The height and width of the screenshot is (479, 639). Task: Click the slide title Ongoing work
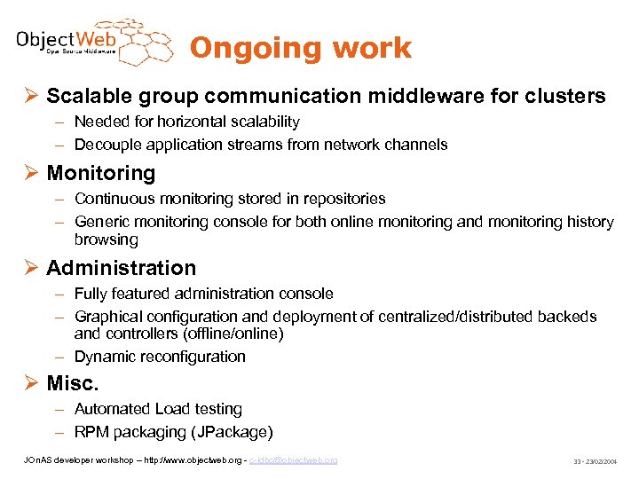pyautogui.click(x=301, y=48)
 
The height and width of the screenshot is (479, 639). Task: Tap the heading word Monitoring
pyautogui.click(x=100, y=173)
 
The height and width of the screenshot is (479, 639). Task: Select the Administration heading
pyautogui.click(x=121, y=267)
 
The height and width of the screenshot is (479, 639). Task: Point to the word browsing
pyautogui.click(x=106, y=239)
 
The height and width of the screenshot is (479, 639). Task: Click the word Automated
pyautogui.click(x=113, y=409)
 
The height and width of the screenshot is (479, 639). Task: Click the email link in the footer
pyautogui.click(x=293, y=460)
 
